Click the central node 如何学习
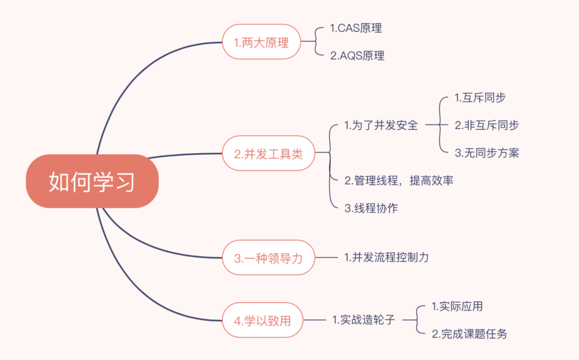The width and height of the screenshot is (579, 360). pos(92,181)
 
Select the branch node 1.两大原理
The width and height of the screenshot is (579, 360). pos(261,42)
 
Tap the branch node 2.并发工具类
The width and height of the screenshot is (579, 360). pos(269,154)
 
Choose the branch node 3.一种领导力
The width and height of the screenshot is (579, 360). pos(269,258)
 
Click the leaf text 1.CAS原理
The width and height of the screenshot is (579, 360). pos(356,28)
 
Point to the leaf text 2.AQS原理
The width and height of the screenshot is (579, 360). pos(357,56)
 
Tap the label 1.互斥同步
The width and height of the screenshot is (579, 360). pos(480,97)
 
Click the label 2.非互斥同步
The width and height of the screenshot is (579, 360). pos(487,125)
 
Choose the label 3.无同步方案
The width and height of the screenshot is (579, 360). pos(487,153)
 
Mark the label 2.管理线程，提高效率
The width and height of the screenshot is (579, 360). pos(399,181)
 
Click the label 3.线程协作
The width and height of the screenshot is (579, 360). pos(371,208)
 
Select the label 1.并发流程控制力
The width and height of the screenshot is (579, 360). pos(387,258)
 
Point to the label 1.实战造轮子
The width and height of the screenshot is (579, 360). pos(363,320)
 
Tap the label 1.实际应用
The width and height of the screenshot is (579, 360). pos(457,306)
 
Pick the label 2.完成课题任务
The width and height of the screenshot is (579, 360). pos(469,334)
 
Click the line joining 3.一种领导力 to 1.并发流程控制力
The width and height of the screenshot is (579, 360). pos(326,258)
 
